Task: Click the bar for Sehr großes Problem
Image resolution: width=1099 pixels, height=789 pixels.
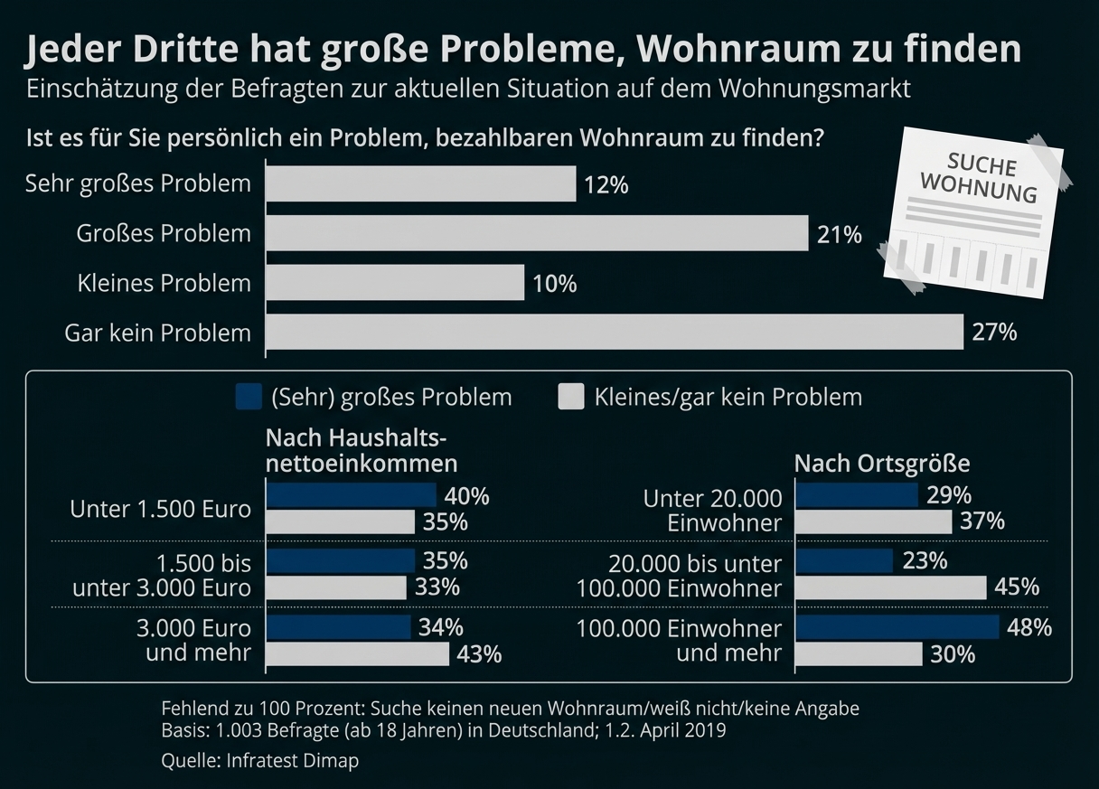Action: click(x=421, y=184)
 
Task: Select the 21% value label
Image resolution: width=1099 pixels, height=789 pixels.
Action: click(x=840, y=234)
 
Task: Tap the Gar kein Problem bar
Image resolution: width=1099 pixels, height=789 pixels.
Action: click(x=615, y=332)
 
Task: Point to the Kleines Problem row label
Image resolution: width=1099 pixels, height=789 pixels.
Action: click(x=164, y=283)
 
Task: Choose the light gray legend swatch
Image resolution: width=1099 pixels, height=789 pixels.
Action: click(x=571, y=397)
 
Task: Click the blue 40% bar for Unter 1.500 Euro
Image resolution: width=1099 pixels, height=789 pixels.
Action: click(x=352, y=495)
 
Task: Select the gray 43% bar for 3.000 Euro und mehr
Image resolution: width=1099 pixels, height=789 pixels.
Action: click(x=358, y=653)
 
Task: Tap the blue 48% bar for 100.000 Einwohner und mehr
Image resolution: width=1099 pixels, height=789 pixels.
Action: click(x=897, y=627)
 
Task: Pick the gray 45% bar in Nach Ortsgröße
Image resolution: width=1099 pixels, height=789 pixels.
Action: click(x=891, y=587)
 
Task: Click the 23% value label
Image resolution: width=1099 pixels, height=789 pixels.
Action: click(x=925, y=561)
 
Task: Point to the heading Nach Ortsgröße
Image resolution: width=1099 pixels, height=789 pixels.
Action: click(x=881, y=464)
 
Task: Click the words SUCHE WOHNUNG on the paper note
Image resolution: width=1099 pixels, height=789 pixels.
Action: click(x=978, y=178)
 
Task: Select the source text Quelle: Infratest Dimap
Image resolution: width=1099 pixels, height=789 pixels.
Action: click(x=259, y=760)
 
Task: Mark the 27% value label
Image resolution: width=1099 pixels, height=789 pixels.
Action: click(x=994, y=333)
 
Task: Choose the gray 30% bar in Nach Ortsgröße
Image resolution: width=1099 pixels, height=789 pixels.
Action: click(x=859, y=653)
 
